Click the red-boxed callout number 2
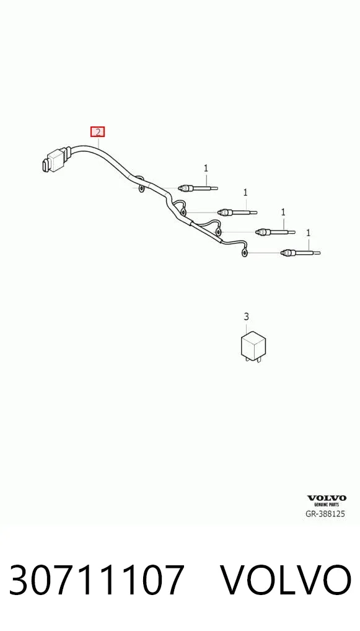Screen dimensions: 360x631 pos(97,131)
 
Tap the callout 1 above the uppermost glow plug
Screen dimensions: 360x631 pos(206,168)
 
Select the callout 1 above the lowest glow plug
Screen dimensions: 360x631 pos(309,233)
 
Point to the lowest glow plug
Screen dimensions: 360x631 pos(301,253)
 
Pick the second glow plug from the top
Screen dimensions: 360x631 pos(237,211)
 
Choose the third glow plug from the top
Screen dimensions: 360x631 pos(276,231)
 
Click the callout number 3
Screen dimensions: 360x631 pos(246,317)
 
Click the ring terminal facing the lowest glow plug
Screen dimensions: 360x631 pos(244,253)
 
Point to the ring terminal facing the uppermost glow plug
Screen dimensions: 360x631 pos(141,188)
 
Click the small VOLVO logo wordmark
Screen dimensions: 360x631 pos(327,498)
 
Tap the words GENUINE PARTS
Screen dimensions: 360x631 pos(327,505)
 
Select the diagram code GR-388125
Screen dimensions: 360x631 pos(325,514)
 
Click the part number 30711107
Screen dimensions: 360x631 pos(97,580)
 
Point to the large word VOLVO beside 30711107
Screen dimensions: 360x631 pos(287,580)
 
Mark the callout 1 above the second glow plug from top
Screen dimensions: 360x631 pos(245,193)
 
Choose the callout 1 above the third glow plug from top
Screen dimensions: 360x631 pos(284,212)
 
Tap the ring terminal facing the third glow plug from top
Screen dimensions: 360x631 pos(218,231)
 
